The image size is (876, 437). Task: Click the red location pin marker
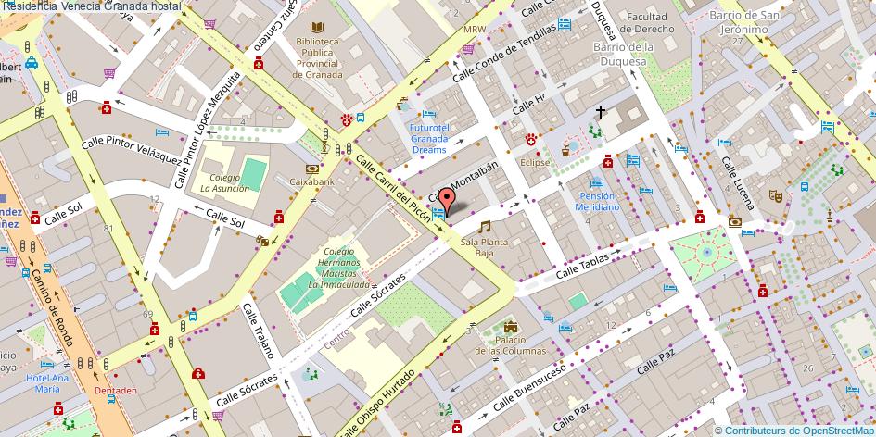446,200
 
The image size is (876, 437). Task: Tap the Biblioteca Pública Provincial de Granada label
318,58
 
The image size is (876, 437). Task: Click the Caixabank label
312,182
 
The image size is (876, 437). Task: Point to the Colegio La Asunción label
224,182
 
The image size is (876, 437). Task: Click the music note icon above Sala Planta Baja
483,226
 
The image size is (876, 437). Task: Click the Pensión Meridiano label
599,201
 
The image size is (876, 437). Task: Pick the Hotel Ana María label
47,382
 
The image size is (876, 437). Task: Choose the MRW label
474,29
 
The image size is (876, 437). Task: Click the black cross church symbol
601,112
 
